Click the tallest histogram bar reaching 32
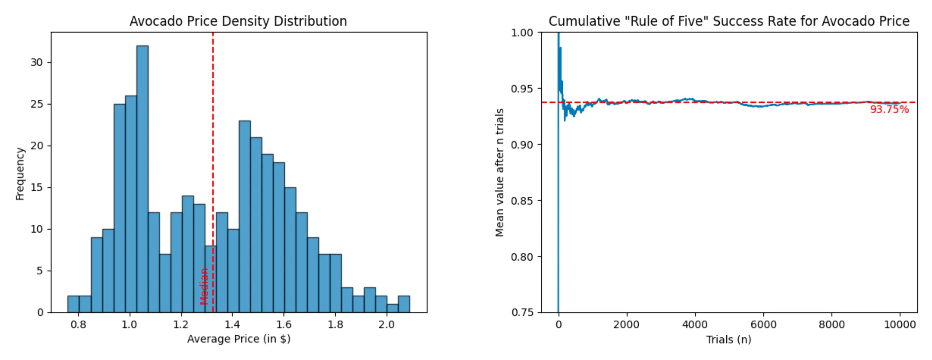pyautogui.click(x=143, y=178)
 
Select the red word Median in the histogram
pyautogui.click(x=204, y=286)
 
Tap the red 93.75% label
pyautogui.click(x=889, y=110)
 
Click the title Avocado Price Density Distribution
pyautogui.click(x=238, y=21)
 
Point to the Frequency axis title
pyautogui.click(x=20, y=174)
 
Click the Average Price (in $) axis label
pyautogui.click(x=239, y=339)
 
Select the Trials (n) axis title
pyautogui.click(x=728, y=340)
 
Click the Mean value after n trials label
pyautogui.click(x=500, y=173)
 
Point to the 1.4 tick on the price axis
pyautogui.click(x=232, y=325)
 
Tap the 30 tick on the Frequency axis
pyautogui.click(x=37, y=63)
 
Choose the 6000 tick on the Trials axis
pyautogui.click(x=763, y=325)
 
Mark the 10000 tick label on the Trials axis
pyautogui.click(x=900, y=325)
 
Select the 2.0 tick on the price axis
pyautogui.click(x=386, y=325)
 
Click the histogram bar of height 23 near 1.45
pyautogui.click(x=245, y=216)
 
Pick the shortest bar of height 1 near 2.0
pyautogui.click(x=392, y=308)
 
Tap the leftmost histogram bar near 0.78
pyautogui.click(x=73, y=304)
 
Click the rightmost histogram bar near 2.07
pyautogui.click(x=404, y=304)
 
